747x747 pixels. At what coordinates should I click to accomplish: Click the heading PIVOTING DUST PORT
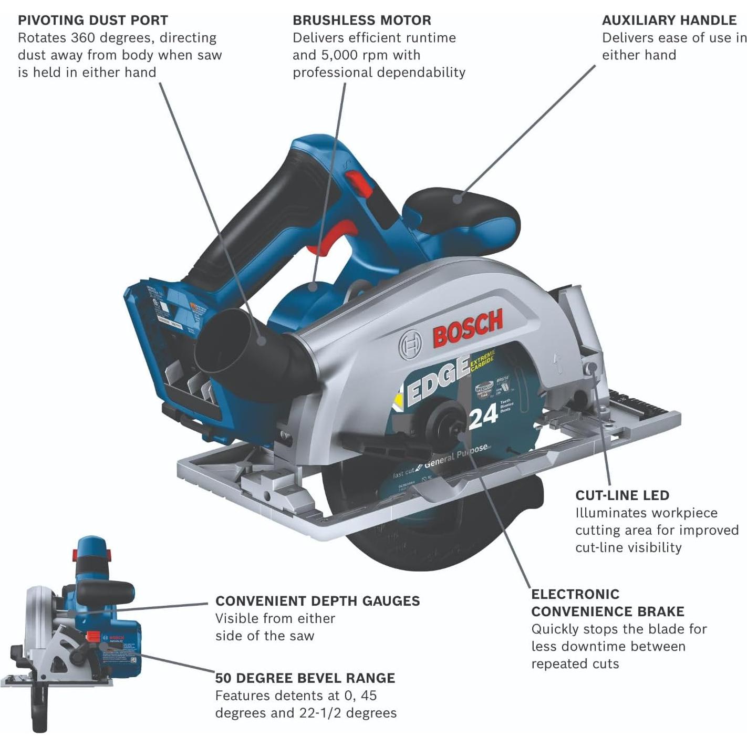(x=93, y=20)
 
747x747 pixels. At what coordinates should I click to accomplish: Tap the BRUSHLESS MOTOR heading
(x=362, y=20)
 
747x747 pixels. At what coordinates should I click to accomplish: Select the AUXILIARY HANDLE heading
(x=669, y=20)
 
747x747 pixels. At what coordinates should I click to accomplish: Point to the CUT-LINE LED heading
(x=622, y=495)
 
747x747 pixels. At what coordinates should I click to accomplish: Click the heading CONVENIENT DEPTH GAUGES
(x=317, y=601)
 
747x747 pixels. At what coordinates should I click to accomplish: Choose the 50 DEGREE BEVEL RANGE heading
(x=305, y=678)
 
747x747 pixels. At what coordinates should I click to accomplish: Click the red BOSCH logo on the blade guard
(x=468, y=328)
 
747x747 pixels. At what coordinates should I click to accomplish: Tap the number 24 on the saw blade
(x=483, y=417)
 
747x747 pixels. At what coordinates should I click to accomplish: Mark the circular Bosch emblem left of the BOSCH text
(x=410, y=345)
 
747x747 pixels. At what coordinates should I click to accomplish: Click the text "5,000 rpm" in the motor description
(x=366, y=55)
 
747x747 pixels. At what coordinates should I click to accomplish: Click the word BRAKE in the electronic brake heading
(x=660, y=611)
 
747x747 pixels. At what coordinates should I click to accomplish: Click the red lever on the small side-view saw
(x=93, y=637)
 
